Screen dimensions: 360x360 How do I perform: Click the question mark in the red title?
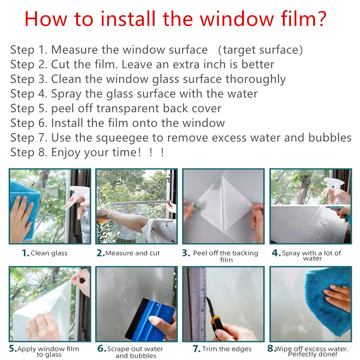[x=319, y=19]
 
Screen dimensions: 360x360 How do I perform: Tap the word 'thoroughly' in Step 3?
[x=256, y=79]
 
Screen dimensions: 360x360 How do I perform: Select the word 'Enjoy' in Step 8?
[x=66, y=152]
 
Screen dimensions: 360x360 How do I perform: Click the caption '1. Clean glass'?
[x=45, y=253]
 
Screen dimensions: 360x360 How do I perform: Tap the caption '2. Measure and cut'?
[x=128, y=253]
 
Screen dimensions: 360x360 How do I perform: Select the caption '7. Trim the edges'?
[x=222, y=349]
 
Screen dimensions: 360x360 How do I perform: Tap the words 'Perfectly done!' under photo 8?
[x=313, y=355]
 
